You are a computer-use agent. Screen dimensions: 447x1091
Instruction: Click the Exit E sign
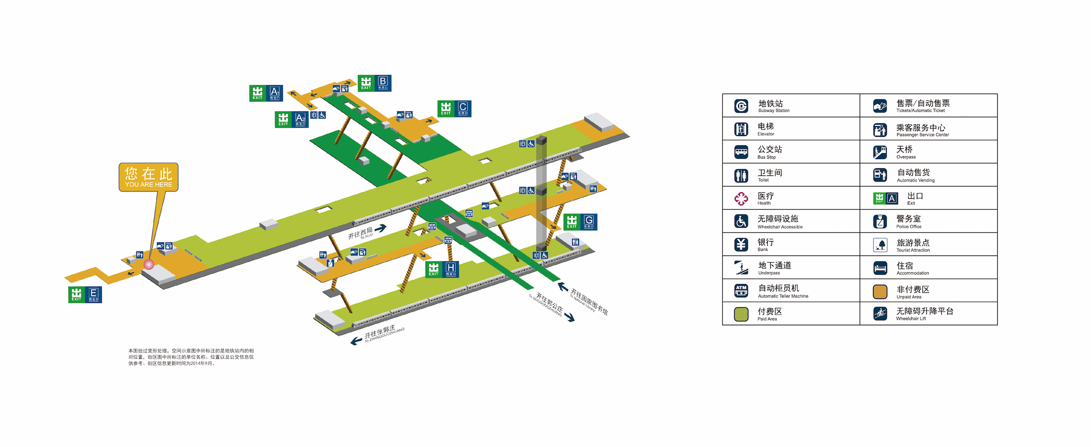tap(85, 295)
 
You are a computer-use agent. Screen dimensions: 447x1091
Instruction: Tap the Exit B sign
tap(374, 83)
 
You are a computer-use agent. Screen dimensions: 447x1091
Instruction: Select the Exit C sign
tap(454, 109)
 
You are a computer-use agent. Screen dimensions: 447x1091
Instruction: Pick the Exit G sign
tap(580, 222)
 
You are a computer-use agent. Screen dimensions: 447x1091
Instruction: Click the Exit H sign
tap(442, 269)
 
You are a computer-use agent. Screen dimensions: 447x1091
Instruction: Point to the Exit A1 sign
tap(266, 93)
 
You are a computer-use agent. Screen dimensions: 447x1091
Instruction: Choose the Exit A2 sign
tap(291, 120)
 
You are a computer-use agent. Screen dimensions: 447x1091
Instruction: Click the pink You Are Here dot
tap(149, 264)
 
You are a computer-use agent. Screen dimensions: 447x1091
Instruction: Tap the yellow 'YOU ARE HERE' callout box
tap(149, 177)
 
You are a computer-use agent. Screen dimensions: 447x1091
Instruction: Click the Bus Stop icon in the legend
tap(741, 152)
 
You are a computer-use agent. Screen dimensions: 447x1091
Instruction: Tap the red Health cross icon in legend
tap(741, 198)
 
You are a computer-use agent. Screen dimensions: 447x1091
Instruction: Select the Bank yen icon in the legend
tap(741, 245)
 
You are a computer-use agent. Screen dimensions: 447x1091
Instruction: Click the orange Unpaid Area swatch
tap(880, 291)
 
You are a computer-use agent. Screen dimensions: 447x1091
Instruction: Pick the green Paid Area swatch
tap(741, 314)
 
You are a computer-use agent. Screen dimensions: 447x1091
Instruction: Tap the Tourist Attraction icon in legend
tap(880, 245)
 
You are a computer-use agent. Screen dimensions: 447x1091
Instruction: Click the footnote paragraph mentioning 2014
tap(191, 357)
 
